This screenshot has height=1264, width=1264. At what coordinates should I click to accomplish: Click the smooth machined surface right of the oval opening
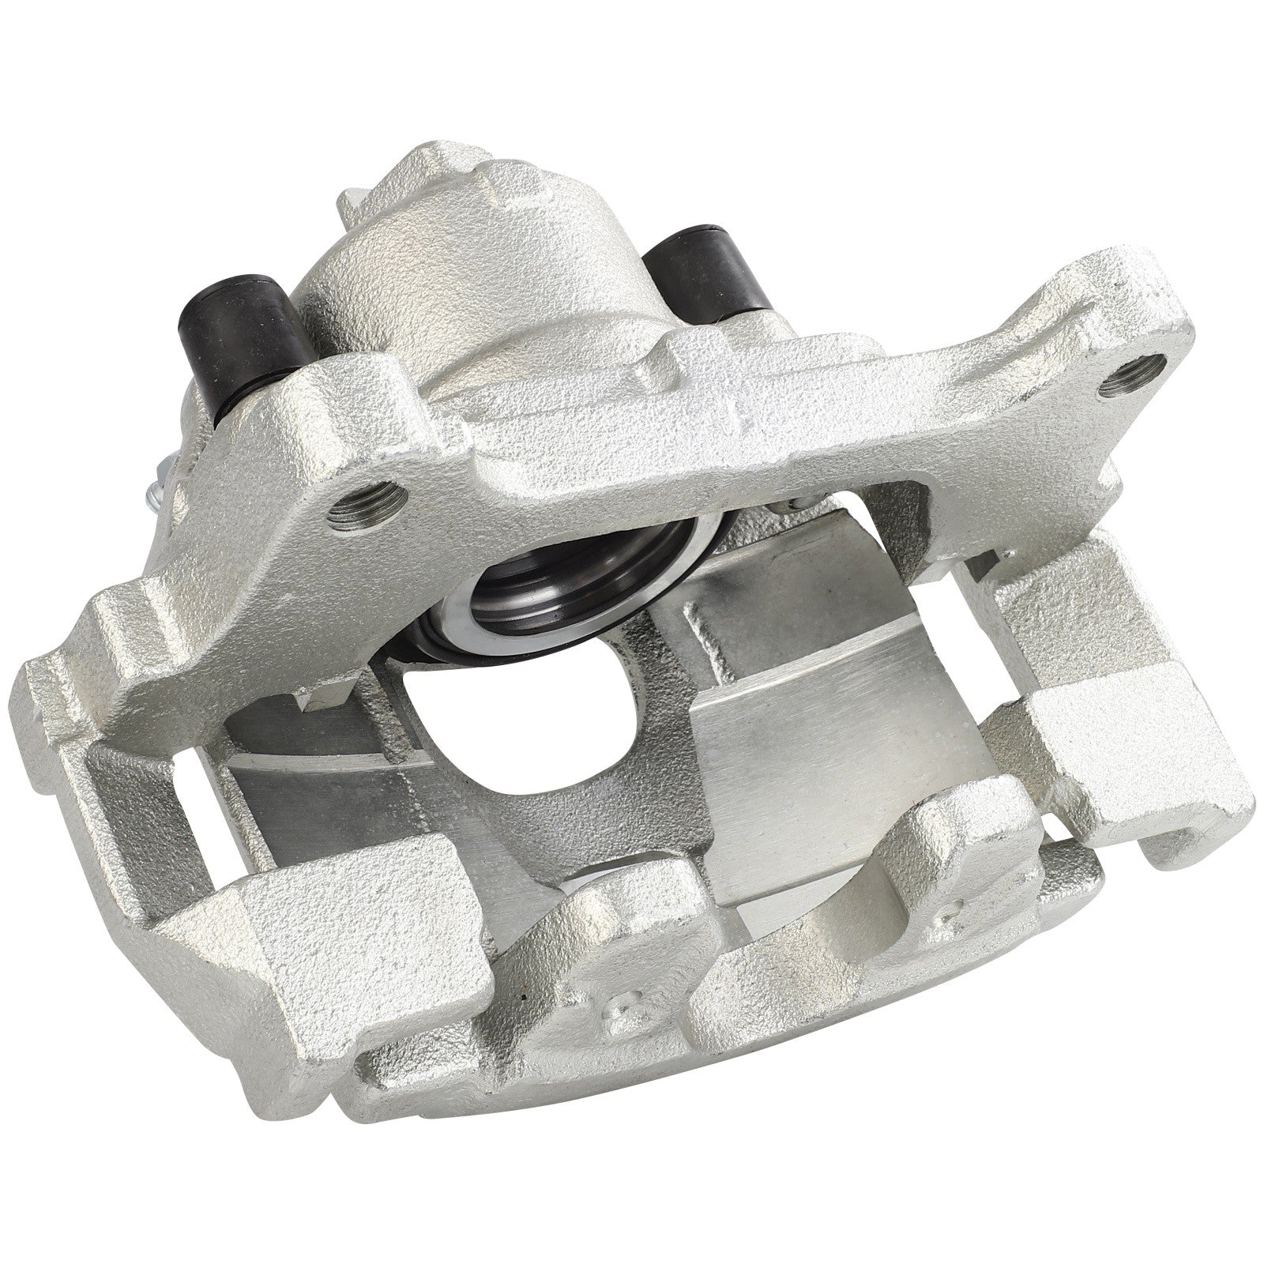798,695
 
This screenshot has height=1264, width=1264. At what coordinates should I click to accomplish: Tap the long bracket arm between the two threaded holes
711,419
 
